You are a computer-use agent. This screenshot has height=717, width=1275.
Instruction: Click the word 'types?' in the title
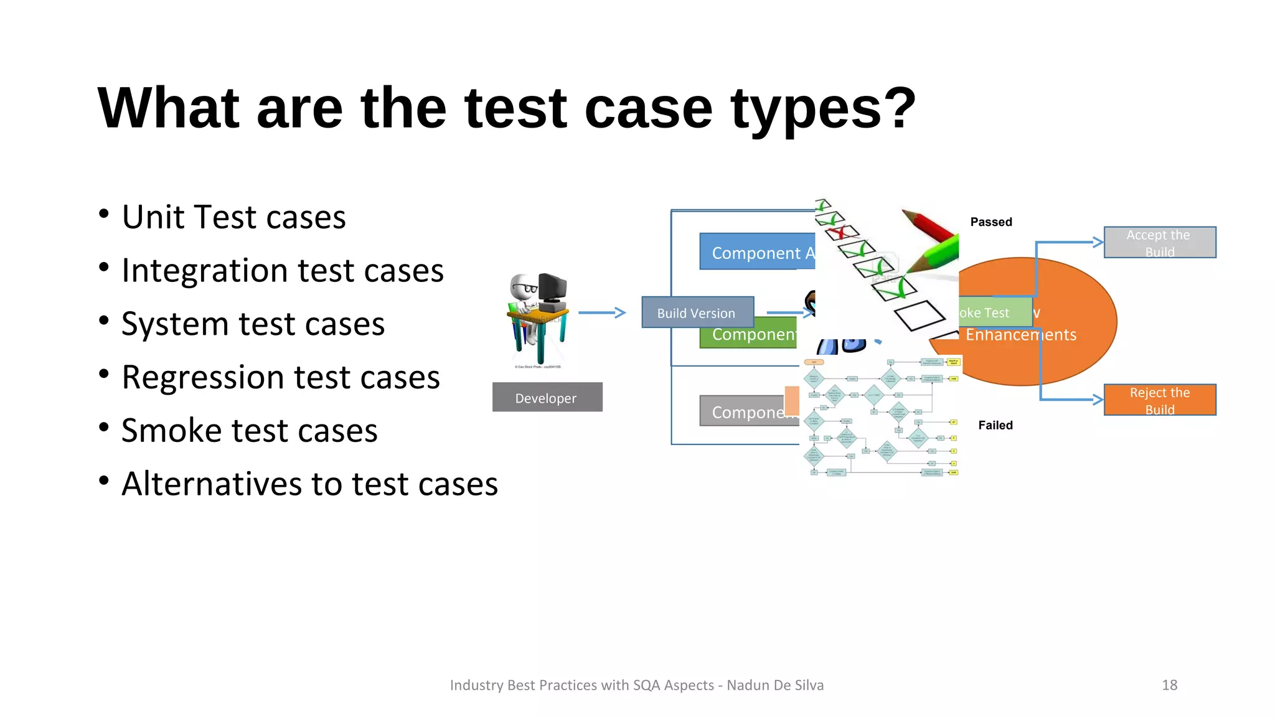tap(823, 110)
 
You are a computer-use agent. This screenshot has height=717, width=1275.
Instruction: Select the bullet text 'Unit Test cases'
tap(233, 217)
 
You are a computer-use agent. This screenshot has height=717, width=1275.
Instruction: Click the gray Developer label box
tap(547, 398)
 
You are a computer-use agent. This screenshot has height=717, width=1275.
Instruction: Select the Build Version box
tap(697, 313)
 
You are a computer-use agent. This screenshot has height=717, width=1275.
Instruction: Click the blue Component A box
tap(756, 252)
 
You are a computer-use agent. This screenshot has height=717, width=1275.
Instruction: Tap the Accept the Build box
tap(1159, 243)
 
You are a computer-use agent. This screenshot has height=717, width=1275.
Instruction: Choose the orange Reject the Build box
tap(1159, 400)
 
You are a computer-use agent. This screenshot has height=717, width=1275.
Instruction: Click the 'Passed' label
tap(990, 222)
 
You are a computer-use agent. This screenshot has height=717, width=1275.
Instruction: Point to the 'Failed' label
tap(995, 426)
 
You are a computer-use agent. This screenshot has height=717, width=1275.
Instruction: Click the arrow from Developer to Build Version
tap(601, 312)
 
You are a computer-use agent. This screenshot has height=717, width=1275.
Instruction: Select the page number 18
tap(1169, 685)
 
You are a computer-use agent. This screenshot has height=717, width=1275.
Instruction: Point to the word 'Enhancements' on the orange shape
tap(1020, 335)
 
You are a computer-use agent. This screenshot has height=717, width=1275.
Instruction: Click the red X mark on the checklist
tap(840, 233)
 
